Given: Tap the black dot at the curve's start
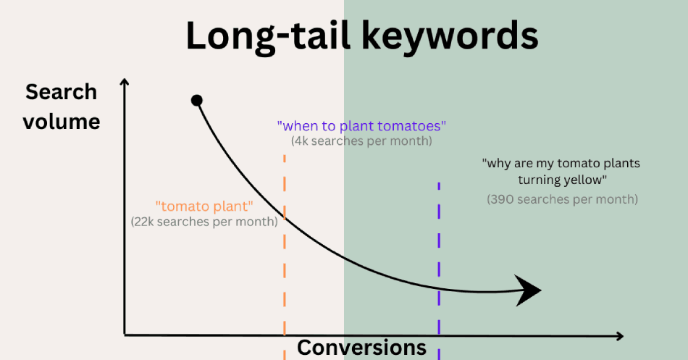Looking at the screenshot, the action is pos(196,101).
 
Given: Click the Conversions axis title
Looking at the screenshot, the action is pos(361,347).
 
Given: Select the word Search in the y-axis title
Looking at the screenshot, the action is pos(61,92).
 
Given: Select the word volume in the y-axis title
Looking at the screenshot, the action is pos(62,122).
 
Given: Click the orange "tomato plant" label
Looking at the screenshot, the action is pos(204,206).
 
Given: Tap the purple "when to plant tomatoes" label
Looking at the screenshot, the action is pos(361,126).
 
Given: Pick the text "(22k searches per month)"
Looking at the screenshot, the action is pos(204,222).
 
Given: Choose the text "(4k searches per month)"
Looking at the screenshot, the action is pos(361,141).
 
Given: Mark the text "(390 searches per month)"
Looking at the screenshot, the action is pos(563,199).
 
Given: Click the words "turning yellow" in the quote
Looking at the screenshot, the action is pos(561,180).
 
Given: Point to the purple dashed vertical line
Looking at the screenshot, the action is pos(439,271).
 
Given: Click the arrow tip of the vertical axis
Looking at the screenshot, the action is pos(125,80).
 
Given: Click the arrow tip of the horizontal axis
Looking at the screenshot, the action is pos(623,336).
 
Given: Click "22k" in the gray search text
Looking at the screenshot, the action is pos(144,222).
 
